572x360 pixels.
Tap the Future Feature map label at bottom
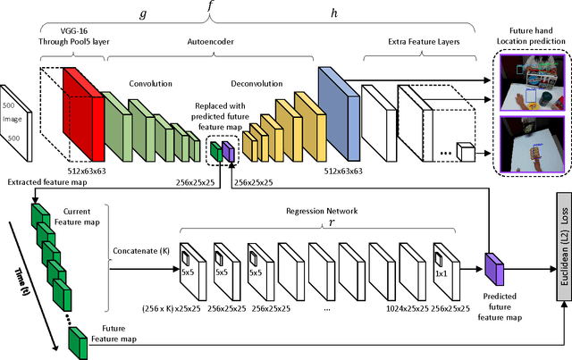[95, 346]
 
